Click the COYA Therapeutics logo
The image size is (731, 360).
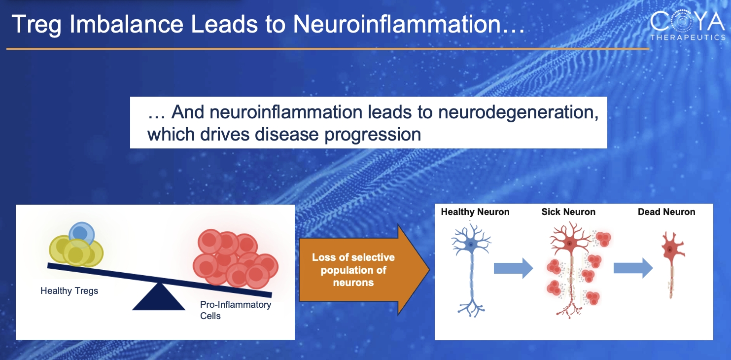coord(688,26)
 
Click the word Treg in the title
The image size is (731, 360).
coord(36,25)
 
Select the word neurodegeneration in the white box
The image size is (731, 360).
coord(518,112)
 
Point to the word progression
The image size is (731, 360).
coord(373,135)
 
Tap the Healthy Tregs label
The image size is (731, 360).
coord(69,291)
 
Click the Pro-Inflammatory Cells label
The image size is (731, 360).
coord(235,310)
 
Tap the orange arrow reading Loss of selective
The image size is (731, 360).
coord(364,270)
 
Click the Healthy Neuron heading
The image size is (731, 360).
coord(475,212)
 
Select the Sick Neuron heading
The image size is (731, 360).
coord(568,212)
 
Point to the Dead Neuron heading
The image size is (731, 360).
coord(666,212)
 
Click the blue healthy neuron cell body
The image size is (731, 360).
coord(471,244)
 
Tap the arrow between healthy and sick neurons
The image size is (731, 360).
coord(513,268)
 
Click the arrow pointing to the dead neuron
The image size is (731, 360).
coord(633,268)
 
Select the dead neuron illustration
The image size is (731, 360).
coord(672,265)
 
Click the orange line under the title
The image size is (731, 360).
coord(328,49)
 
